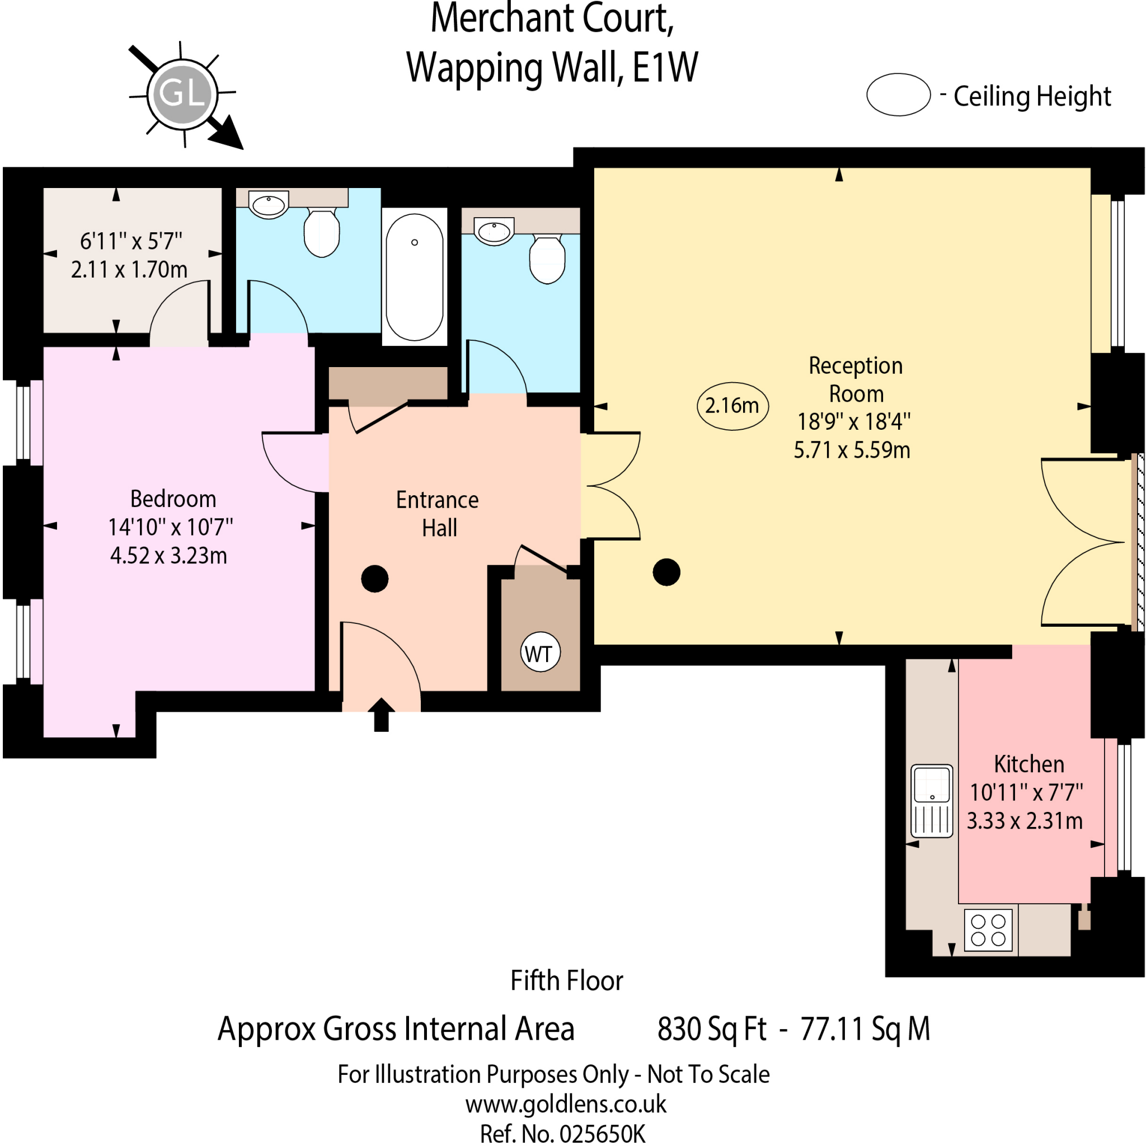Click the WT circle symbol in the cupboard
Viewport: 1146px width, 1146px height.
point(540,653)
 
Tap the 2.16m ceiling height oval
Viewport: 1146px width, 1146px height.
point(732,406)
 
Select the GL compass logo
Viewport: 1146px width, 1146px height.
point(182,93)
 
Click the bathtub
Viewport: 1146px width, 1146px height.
point(414,276)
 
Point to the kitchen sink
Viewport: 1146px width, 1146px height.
point(931,801)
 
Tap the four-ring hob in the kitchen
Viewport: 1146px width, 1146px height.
point(988,929)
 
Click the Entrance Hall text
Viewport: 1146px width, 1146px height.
point(438,514)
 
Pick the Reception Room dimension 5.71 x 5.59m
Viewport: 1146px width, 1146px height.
point(851,450)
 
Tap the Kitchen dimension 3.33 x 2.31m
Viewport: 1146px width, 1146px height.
point(1025,821)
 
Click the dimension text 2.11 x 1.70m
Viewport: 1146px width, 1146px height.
point(129,270)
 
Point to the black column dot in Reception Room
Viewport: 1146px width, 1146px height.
point(666,572)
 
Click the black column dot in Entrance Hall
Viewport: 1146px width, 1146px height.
point(374,579)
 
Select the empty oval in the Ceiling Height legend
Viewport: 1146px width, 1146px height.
point(898,95)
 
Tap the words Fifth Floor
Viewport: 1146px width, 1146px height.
point(566,980)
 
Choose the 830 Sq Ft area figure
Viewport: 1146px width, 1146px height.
point(711,1029)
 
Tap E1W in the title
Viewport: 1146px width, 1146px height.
point(665,67)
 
